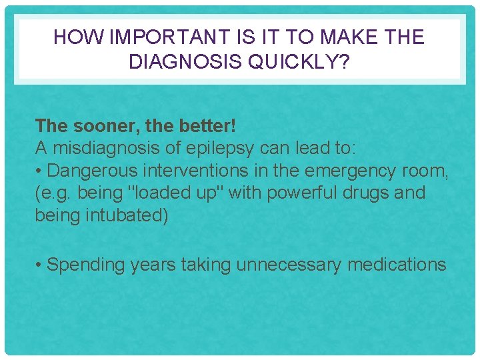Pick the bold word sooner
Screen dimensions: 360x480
[x=95, y=125]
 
